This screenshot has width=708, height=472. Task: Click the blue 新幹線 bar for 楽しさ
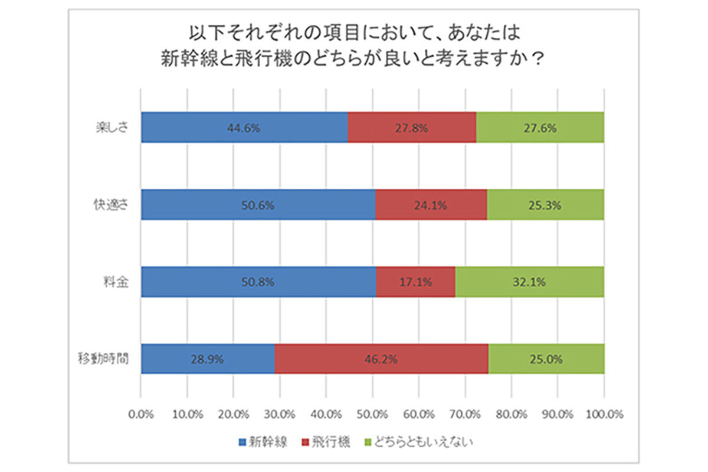pos(244,127)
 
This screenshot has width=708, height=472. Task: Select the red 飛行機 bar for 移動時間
pos(381,358)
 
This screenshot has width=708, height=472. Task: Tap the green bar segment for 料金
pos(529,281)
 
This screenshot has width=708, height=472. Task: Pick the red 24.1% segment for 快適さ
pos(431,205)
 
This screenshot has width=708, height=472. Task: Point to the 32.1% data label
pos(529,281)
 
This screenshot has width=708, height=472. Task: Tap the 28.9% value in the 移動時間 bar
pos(208,358)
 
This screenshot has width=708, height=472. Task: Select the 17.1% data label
pos(415,281)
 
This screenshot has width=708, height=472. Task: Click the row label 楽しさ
pos(112,127)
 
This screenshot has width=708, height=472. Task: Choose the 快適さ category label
pos(112,205)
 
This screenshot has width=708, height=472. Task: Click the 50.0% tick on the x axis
pos(372,414)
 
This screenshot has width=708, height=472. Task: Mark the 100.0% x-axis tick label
pos(604,414)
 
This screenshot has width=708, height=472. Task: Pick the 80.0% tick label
pos(511,414)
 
